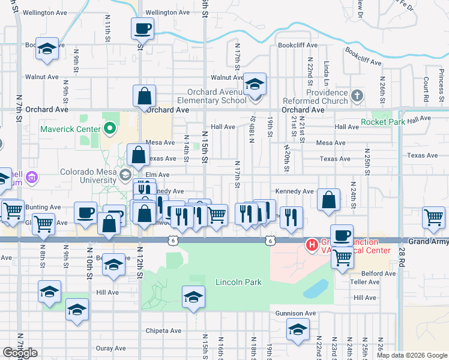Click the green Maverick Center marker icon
[109, 128]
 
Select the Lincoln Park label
[238, 282]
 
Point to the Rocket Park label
[384, 122]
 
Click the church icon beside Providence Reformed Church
[357, 95]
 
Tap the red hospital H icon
[312, 245]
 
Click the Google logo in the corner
[20, 353]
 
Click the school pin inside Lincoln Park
[193, 296]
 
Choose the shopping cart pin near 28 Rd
[433, 217]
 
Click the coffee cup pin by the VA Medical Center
[342, 235]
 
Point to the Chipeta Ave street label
[163, 331]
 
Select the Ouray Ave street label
[110, 348]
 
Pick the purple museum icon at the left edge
[32, 178]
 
